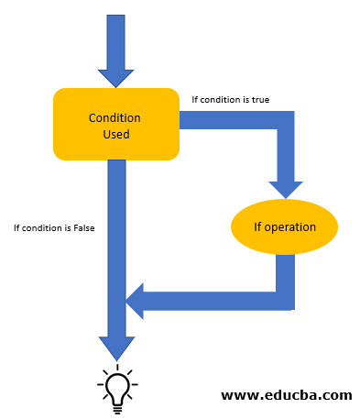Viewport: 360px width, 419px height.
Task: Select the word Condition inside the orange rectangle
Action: [x=115, y=117]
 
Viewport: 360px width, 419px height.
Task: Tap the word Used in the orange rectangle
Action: [x=115, y=135]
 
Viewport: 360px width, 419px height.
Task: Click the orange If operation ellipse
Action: [x=284, y=226]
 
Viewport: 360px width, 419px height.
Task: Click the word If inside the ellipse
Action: [x=259, y=226]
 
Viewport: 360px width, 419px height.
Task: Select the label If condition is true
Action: [x=230, y=99]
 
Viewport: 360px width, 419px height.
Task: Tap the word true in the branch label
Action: [x=259, y=99]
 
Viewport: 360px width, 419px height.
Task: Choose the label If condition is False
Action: [x=54, y=227]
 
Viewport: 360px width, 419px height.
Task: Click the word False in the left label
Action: [x=82, y=227]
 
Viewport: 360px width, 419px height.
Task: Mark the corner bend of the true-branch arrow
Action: [x=284, y=121]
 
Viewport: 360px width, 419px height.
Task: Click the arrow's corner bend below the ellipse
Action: [x=284, y=300]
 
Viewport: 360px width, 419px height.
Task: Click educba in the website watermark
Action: [x=289, y=395]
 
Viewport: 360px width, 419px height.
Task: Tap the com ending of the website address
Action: [x=337, y=395]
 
